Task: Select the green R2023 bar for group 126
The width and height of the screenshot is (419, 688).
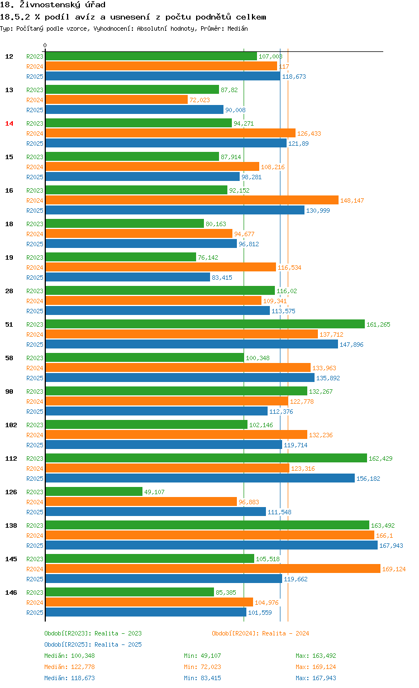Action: tap(94, 491)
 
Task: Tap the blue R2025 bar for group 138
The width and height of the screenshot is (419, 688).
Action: tap(211, 545)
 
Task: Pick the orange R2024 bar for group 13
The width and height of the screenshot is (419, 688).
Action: tap(116, 99)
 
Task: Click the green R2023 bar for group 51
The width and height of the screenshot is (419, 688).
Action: tap(204, 324)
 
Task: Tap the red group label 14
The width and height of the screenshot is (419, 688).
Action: tap(9, 123)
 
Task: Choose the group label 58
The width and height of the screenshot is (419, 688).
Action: tap(9, 358)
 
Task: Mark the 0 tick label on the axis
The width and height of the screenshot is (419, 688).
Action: tap(45, 45)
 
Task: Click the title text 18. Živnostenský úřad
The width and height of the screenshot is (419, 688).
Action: tap(53, 5)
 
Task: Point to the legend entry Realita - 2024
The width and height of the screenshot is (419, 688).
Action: tap(260, 633)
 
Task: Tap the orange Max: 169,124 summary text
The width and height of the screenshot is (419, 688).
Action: tap(316, 667)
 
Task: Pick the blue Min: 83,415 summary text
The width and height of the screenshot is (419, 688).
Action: tap(204, 678)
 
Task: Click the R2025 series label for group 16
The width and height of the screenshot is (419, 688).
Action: tap(35, 211)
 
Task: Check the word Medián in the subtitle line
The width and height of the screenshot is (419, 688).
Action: tap(237, 28)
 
